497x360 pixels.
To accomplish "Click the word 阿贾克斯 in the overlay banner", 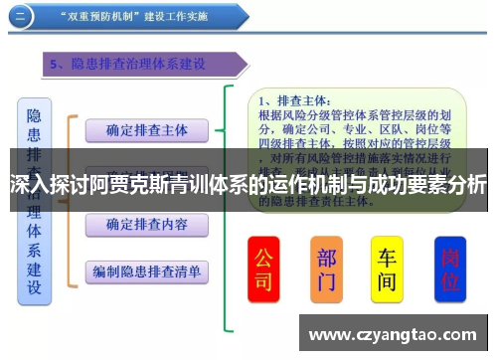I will [x=129, y=184].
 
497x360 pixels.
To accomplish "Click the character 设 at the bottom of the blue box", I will [x=34, y=288].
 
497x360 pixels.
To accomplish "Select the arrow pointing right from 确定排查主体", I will [x=227, y=130].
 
